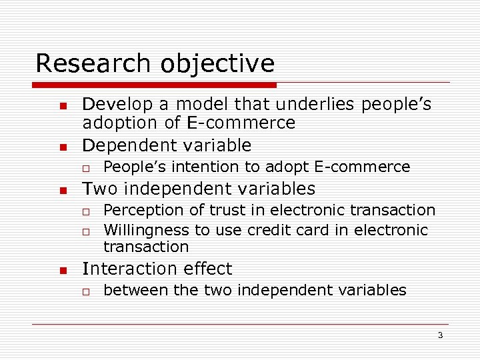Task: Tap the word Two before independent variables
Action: pos(100,189)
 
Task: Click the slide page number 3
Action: pos(440,335)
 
